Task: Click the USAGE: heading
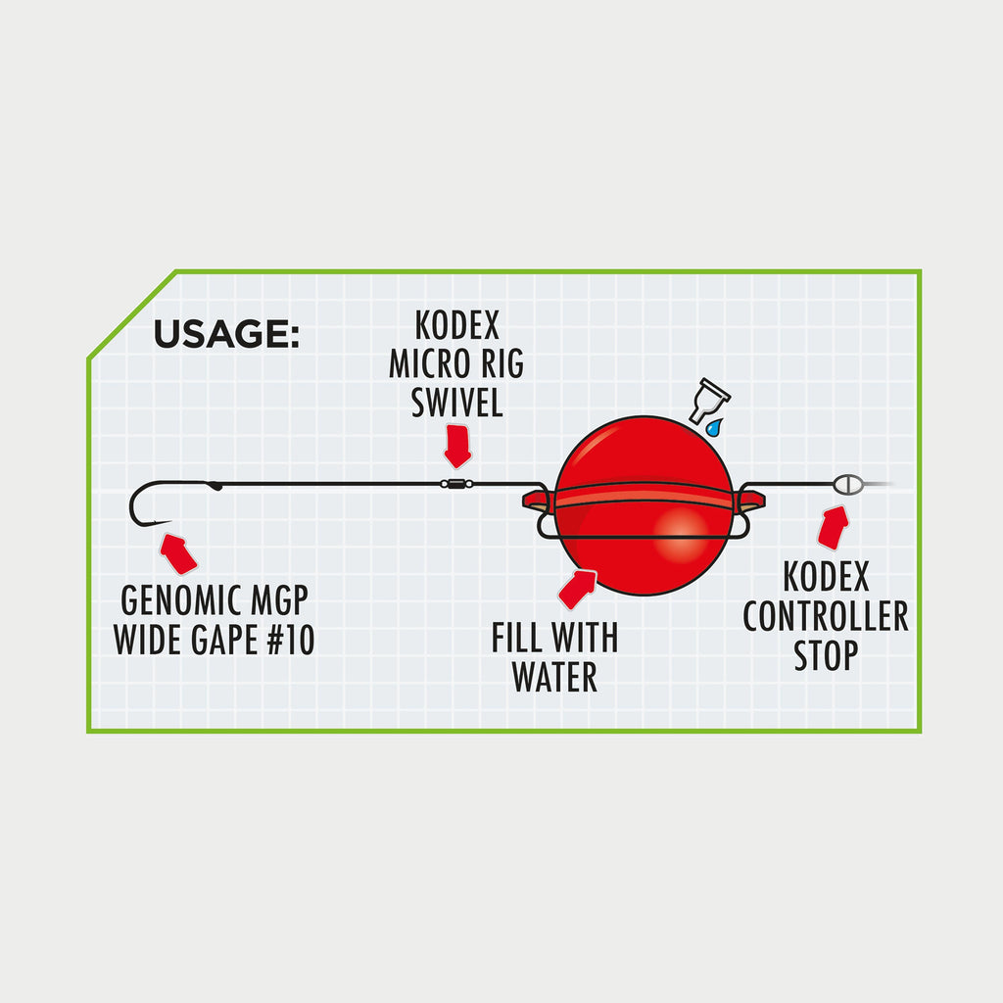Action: coord(226,334)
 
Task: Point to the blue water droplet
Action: coord(714,427)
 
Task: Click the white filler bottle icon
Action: coord(710,401)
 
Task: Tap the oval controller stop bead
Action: coord(848,483)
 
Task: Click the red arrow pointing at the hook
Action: coord(177,552)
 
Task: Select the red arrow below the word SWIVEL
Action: coord(456,446)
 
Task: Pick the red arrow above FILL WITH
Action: coord(577,588)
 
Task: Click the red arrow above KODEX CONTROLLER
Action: coord(833,527)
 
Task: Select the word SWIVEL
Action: coord(456,403)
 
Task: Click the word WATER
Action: coord(555,677)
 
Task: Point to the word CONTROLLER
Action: coord(825,618)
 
